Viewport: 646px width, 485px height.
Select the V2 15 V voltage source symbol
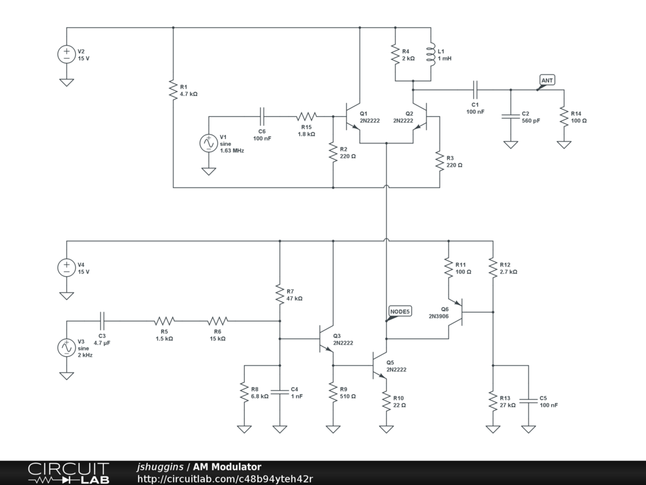tap(66, 54)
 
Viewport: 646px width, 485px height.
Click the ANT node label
tap(547, 80)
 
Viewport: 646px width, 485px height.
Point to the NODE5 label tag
tap(399, 311)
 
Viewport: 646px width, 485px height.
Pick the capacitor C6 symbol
tap(262, 116)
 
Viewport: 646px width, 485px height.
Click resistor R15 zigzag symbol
tap(307, 116)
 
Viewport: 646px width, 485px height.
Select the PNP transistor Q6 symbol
tap(458, 312)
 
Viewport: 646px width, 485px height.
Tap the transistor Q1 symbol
tap(352, 116)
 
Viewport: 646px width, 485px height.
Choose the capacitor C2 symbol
tap(510, 116)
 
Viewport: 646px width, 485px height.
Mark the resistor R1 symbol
tap(173, 90)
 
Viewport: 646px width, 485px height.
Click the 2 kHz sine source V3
tap(66, 347)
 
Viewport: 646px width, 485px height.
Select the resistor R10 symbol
tap(385, 401)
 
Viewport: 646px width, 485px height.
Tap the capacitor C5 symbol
tap(529, 400)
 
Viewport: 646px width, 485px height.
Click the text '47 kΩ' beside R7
tap(295, 299)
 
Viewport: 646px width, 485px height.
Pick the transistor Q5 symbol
tap(379, 366)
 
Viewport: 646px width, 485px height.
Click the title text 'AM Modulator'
tap(227, 467)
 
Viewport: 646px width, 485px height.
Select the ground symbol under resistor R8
tap(244, 429)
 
